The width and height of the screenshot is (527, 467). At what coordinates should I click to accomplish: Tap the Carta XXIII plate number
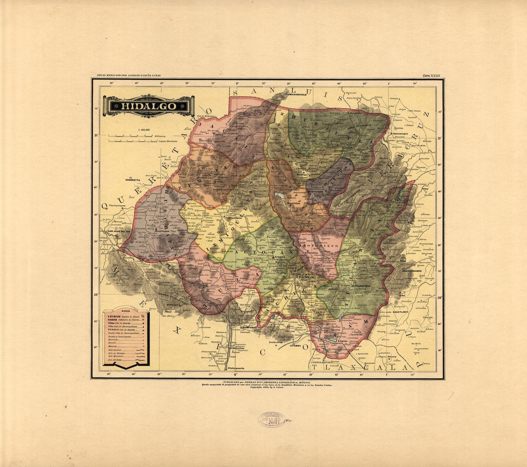(x=431, y=76)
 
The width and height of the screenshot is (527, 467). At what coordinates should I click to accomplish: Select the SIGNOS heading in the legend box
(x=126, y=312)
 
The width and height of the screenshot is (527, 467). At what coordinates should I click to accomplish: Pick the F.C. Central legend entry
(x=117, y=350)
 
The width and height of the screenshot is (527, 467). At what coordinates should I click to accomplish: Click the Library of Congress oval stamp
(x=271, y=420)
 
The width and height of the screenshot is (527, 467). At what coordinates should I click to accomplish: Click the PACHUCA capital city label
(x=304, y=278)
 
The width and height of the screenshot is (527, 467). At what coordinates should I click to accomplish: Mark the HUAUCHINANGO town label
(x=411, y=271)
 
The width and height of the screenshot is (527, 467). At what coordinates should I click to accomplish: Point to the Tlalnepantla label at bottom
(x=236, y=368)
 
